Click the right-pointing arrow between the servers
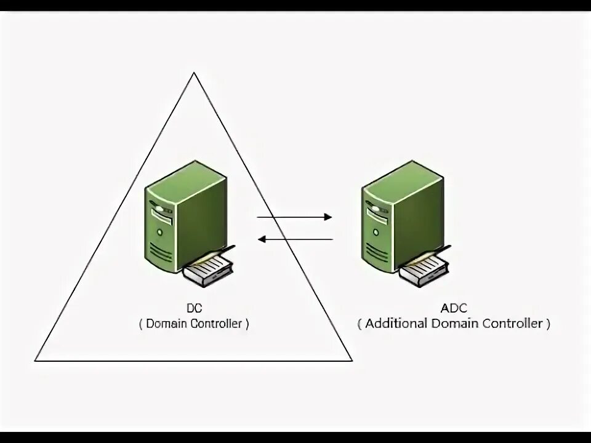(x=294, y=217)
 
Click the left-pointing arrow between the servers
(x=295, y=239)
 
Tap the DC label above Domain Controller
(x=194, y=308)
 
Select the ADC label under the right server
(x=454, y=308)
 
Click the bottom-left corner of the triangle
(x=36, y=361)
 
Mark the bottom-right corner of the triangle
(x=352, y=361)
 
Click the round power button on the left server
(x=160, y=233)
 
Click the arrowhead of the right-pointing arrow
(x=329, y=217)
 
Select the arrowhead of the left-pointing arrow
(x=260, y=239)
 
